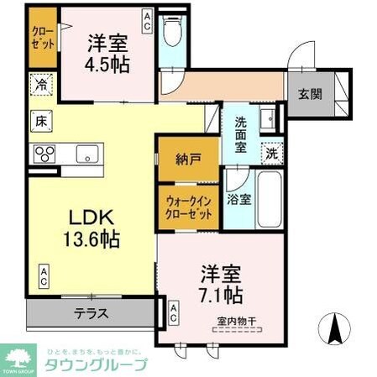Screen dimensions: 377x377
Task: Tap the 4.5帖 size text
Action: pyautogui.click(x=109, y=63)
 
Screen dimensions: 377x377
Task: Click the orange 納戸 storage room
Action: pyautogui.click(x=188, y=157)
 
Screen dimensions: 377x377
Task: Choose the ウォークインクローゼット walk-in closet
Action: pyautogui.click(x=188, y=207)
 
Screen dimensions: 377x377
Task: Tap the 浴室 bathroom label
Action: pyautogui.click(x=238, y=201)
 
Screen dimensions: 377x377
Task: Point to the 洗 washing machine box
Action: pyautogui.click(x=271, y=154)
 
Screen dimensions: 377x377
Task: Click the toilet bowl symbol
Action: pyautogui.click(x=174, y=34)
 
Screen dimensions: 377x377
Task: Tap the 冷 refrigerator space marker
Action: pyautogui.click(x=41, y=85)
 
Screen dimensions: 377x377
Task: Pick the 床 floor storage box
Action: pyautogui.click(x=40, y=119)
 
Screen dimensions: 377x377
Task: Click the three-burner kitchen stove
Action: pyautogui.click(x=44, y=154)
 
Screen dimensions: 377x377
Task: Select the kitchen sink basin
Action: pyautogui.click(x=86, y=154)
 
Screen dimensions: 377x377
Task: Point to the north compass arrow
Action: pyautogui.click(x=338, y=327)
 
